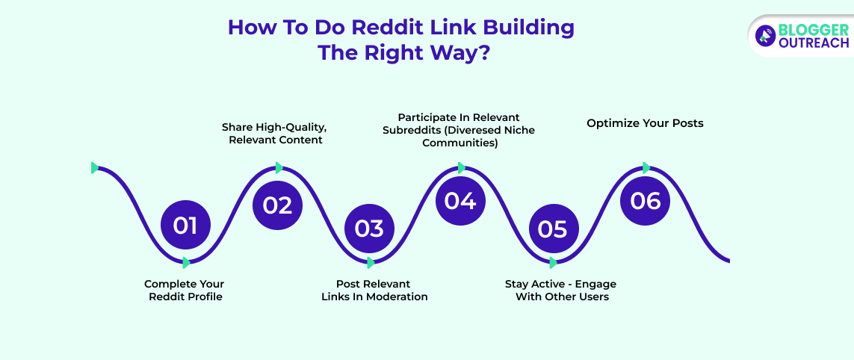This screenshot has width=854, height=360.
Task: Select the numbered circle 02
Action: (277, 204)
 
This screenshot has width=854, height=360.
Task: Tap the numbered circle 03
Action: (369, 228)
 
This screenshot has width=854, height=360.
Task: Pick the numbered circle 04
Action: (460, 201)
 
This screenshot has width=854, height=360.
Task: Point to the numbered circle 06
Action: (646, 201)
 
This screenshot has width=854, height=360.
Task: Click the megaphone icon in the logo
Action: (765, 35)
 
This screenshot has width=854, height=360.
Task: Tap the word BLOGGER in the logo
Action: (813, 30)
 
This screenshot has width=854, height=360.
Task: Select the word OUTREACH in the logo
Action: (814, 43)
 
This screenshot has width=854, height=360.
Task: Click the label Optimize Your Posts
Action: (645, 122)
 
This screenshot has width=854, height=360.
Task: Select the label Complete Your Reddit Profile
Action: (184, 291)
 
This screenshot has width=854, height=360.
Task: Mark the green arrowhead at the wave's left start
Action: (95, 167)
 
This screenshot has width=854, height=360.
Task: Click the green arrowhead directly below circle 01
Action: (186, 262)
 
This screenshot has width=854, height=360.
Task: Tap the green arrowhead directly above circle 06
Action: (646, 168)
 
